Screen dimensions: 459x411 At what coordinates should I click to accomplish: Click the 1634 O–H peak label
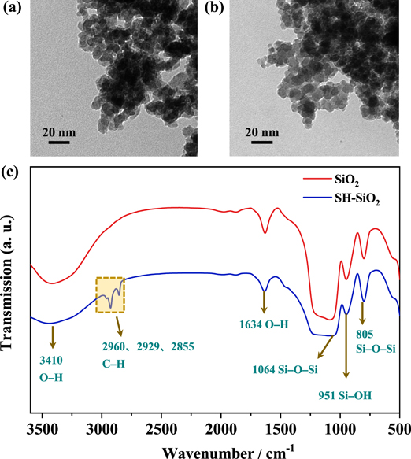[x=264, y=325]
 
